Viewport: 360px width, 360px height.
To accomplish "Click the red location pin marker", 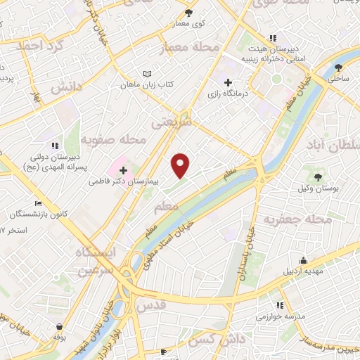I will coord(181,165).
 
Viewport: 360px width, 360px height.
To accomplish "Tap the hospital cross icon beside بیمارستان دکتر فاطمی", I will coord(124,170).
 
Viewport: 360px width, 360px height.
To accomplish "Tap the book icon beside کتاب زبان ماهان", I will coord(147,74).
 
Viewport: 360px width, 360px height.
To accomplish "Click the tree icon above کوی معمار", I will coord(188,13).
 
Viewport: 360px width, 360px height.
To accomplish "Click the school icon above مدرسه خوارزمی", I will coord(280,305).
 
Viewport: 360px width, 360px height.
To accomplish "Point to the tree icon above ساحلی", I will coord(339,68).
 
